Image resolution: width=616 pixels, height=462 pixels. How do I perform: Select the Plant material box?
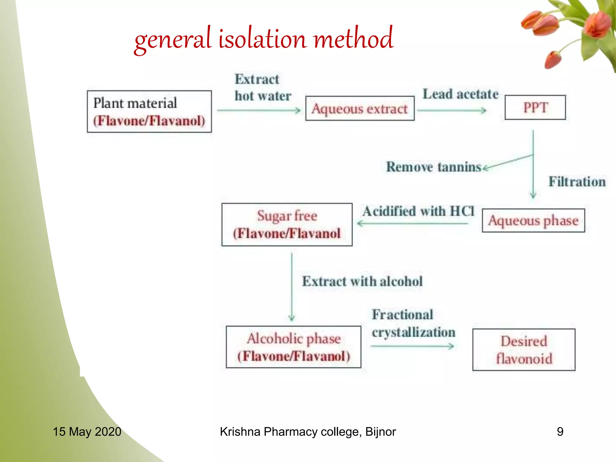coord(149,112)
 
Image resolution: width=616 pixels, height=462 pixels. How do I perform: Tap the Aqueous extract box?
coord(360,109)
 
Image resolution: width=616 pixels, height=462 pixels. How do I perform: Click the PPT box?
coord(535,107)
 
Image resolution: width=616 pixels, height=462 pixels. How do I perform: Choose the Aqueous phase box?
coord(533,220)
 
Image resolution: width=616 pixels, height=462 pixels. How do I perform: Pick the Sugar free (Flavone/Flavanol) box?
coord(287,225)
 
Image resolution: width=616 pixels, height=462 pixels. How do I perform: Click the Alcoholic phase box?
coord(293,347)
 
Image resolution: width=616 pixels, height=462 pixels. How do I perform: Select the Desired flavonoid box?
coord(524,350)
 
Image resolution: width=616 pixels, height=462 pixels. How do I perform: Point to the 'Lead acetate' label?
coord(460,94)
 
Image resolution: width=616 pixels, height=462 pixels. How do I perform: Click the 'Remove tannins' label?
coord(433,167)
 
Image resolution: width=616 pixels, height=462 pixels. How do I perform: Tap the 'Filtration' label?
coord(577,182)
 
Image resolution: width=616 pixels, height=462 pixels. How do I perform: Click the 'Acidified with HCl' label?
coord(418,211)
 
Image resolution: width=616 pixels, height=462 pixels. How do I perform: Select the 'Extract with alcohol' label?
coord(362,281)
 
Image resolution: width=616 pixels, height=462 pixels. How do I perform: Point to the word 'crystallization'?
coord(414,332)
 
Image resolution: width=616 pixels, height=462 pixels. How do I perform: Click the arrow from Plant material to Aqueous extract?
coord(259,110)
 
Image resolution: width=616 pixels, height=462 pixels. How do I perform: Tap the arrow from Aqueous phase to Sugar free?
coord(412,223)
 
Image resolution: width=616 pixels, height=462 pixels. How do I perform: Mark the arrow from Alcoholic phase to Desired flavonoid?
coord(412,346)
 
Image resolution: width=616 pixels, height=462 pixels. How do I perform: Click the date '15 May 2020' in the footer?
coord(87,432)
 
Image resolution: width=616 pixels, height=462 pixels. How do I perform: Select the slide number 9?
coord(560,432)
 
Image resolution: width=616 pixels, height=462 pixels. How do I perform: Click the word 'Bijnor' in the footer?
coord(380,432)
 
